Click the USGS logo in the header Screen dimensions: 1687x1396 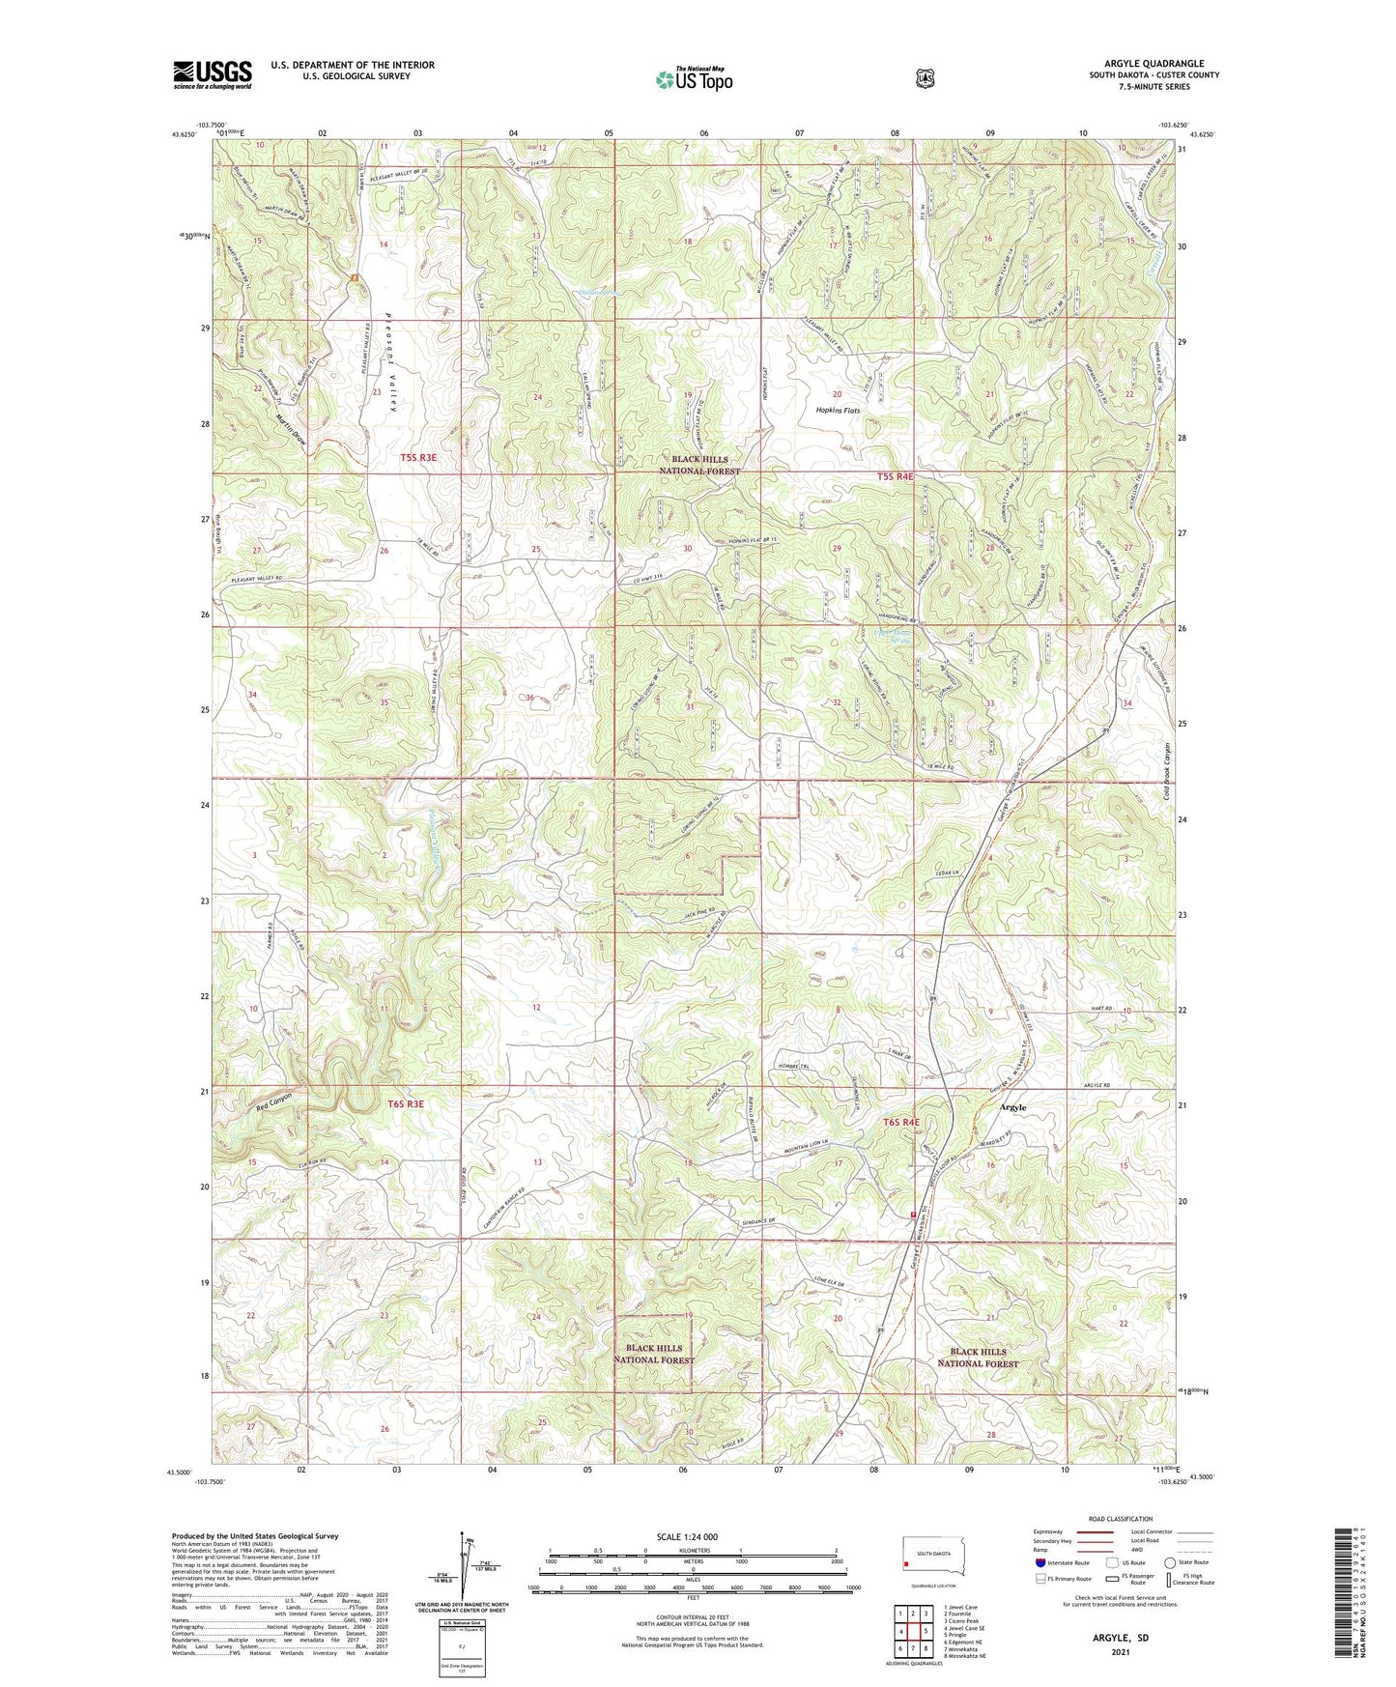pyautogui.click(x=213, y=74)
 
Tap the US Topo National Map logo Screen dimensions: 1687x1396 pyautogui.click(x=693, y=79)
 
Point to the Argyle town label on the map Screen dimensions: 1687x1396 pyautogui.click(x=1012, y=1107)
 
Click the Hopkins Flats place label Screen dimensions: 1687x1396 pyautogui.click(x=837, y=411)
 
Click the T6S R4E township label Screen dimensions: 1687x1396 pyautogui.click(x=900, y=1123)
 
